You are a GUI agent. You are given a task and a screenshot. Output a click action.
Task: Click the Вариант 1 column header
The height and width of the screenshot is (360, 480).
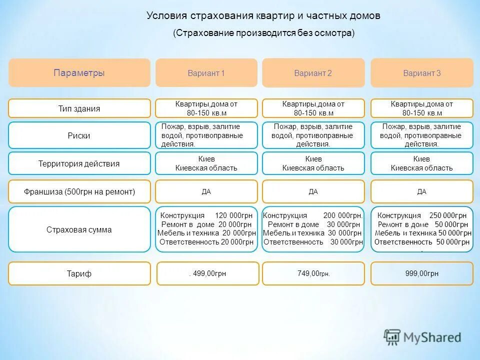coord(206,73)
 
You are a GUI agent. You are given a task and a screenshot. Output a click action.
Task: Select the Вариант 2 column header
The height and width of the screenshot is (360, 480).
coord(313,73)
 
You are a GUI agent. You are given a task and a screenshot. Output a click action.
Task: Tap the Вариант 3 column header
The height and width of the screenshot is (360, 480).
coord(421,73)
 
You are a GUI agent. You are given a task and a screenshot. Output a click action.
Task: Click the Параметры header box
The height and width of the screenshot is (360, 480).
coord(79,72)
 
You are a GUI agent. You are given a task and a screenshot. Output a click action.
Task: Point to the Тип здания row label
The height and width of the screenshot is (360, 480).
coord(79,108)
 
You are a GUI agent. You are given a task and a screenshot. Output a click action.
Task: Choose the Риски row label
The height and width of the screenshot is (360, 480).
coord(79,135)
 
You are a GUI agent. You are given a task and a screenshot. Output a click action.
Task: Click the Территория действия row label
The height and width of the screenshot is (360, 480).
coord(79,163)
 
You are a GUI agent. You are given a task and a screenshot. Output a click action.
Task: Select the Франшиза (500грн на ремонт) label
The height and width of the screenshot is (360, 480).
coord(79,191)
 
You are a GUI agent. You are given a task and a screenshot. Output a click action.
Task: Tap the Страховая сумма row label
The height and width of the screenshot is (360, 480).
coord(79,230)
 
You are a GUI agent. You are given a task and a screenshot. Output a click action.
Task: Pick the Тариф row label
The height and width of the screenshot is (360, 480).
coord(79,273)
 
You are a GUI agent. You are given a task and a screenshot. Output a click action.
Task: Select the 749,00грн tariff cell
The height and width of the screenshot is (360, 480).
coord(313,273)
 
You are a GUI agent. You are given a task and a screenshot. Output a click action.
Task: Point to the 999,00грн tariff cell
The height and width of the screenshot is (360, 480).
coord(421,273)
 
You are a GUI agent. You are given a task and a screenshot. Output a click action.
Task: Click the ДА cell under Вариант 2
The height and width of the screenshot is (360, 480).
coord(313,191)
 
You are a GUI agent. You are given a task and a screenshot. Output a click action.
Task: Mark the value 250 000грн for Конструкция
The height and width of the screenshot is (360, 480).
coord(449,215)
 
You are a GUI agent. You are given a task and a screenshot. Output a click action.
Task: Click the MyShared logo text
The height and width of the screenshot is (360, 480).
coord(432,337)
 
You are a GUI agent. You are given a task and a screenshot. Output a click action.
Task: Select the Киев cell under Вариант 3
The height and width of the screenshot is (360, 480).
coord(421,159)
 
